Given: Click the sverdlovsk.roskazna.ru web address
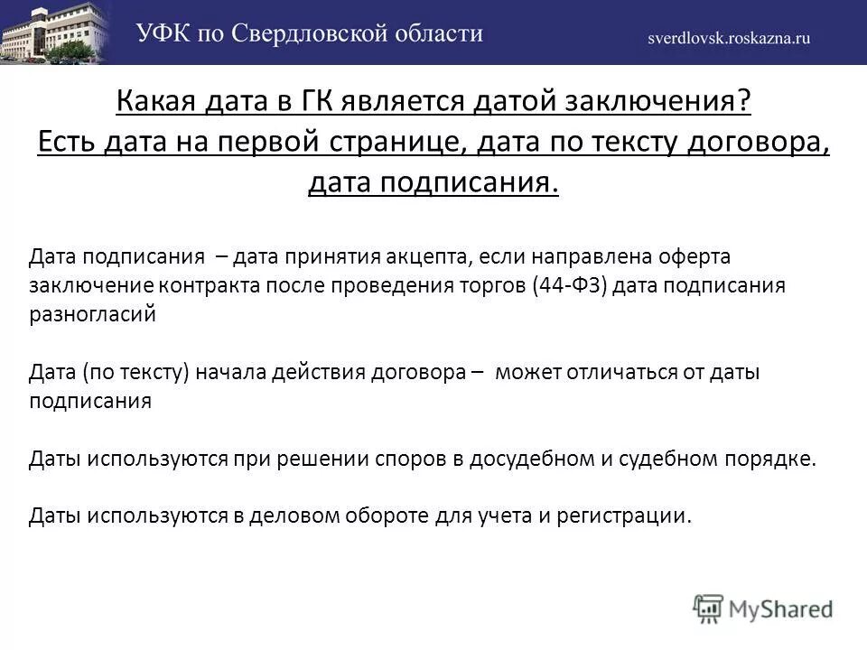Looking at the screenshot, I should (729, 38).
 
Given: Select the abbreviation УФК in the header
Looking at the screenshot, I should (165, 34).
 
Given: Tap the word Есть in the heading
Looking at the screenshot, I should (67, 143).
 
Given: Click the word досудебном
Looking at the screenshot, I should (525, 459).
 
